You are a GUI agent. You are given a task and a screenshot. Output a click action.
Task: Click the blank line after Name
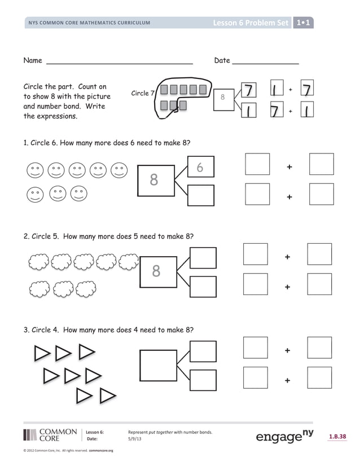118,63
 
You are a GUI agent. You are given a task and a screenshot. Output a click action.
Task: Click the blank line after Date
265,63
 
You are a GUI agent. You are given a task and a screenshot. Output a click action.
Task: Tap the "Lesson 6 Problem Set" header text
251,23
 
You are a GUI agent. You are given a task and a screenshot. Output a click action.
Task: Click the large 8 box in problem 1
154,180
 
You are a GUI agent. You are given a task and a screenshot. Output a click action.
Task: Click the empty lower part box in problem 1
200,195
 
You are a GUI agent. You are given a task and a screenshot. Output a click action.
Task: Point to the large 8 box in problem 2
156,272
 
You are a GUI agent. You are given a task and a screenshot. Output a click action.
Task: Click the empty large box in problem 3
158,365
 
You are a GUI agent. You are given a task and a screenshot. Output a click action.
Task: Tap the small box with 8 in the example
222,97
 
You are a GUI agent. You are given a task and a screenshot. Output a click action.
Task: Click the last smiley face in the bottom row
78,194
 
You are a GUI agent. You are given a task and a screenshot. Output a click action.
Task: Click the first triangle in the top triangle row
42,354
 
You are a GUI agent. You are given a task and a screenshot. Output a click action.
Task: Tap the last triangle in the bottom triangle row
107,396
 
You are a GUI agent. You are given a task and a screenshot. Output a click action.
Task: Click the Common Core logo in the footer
50,434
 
